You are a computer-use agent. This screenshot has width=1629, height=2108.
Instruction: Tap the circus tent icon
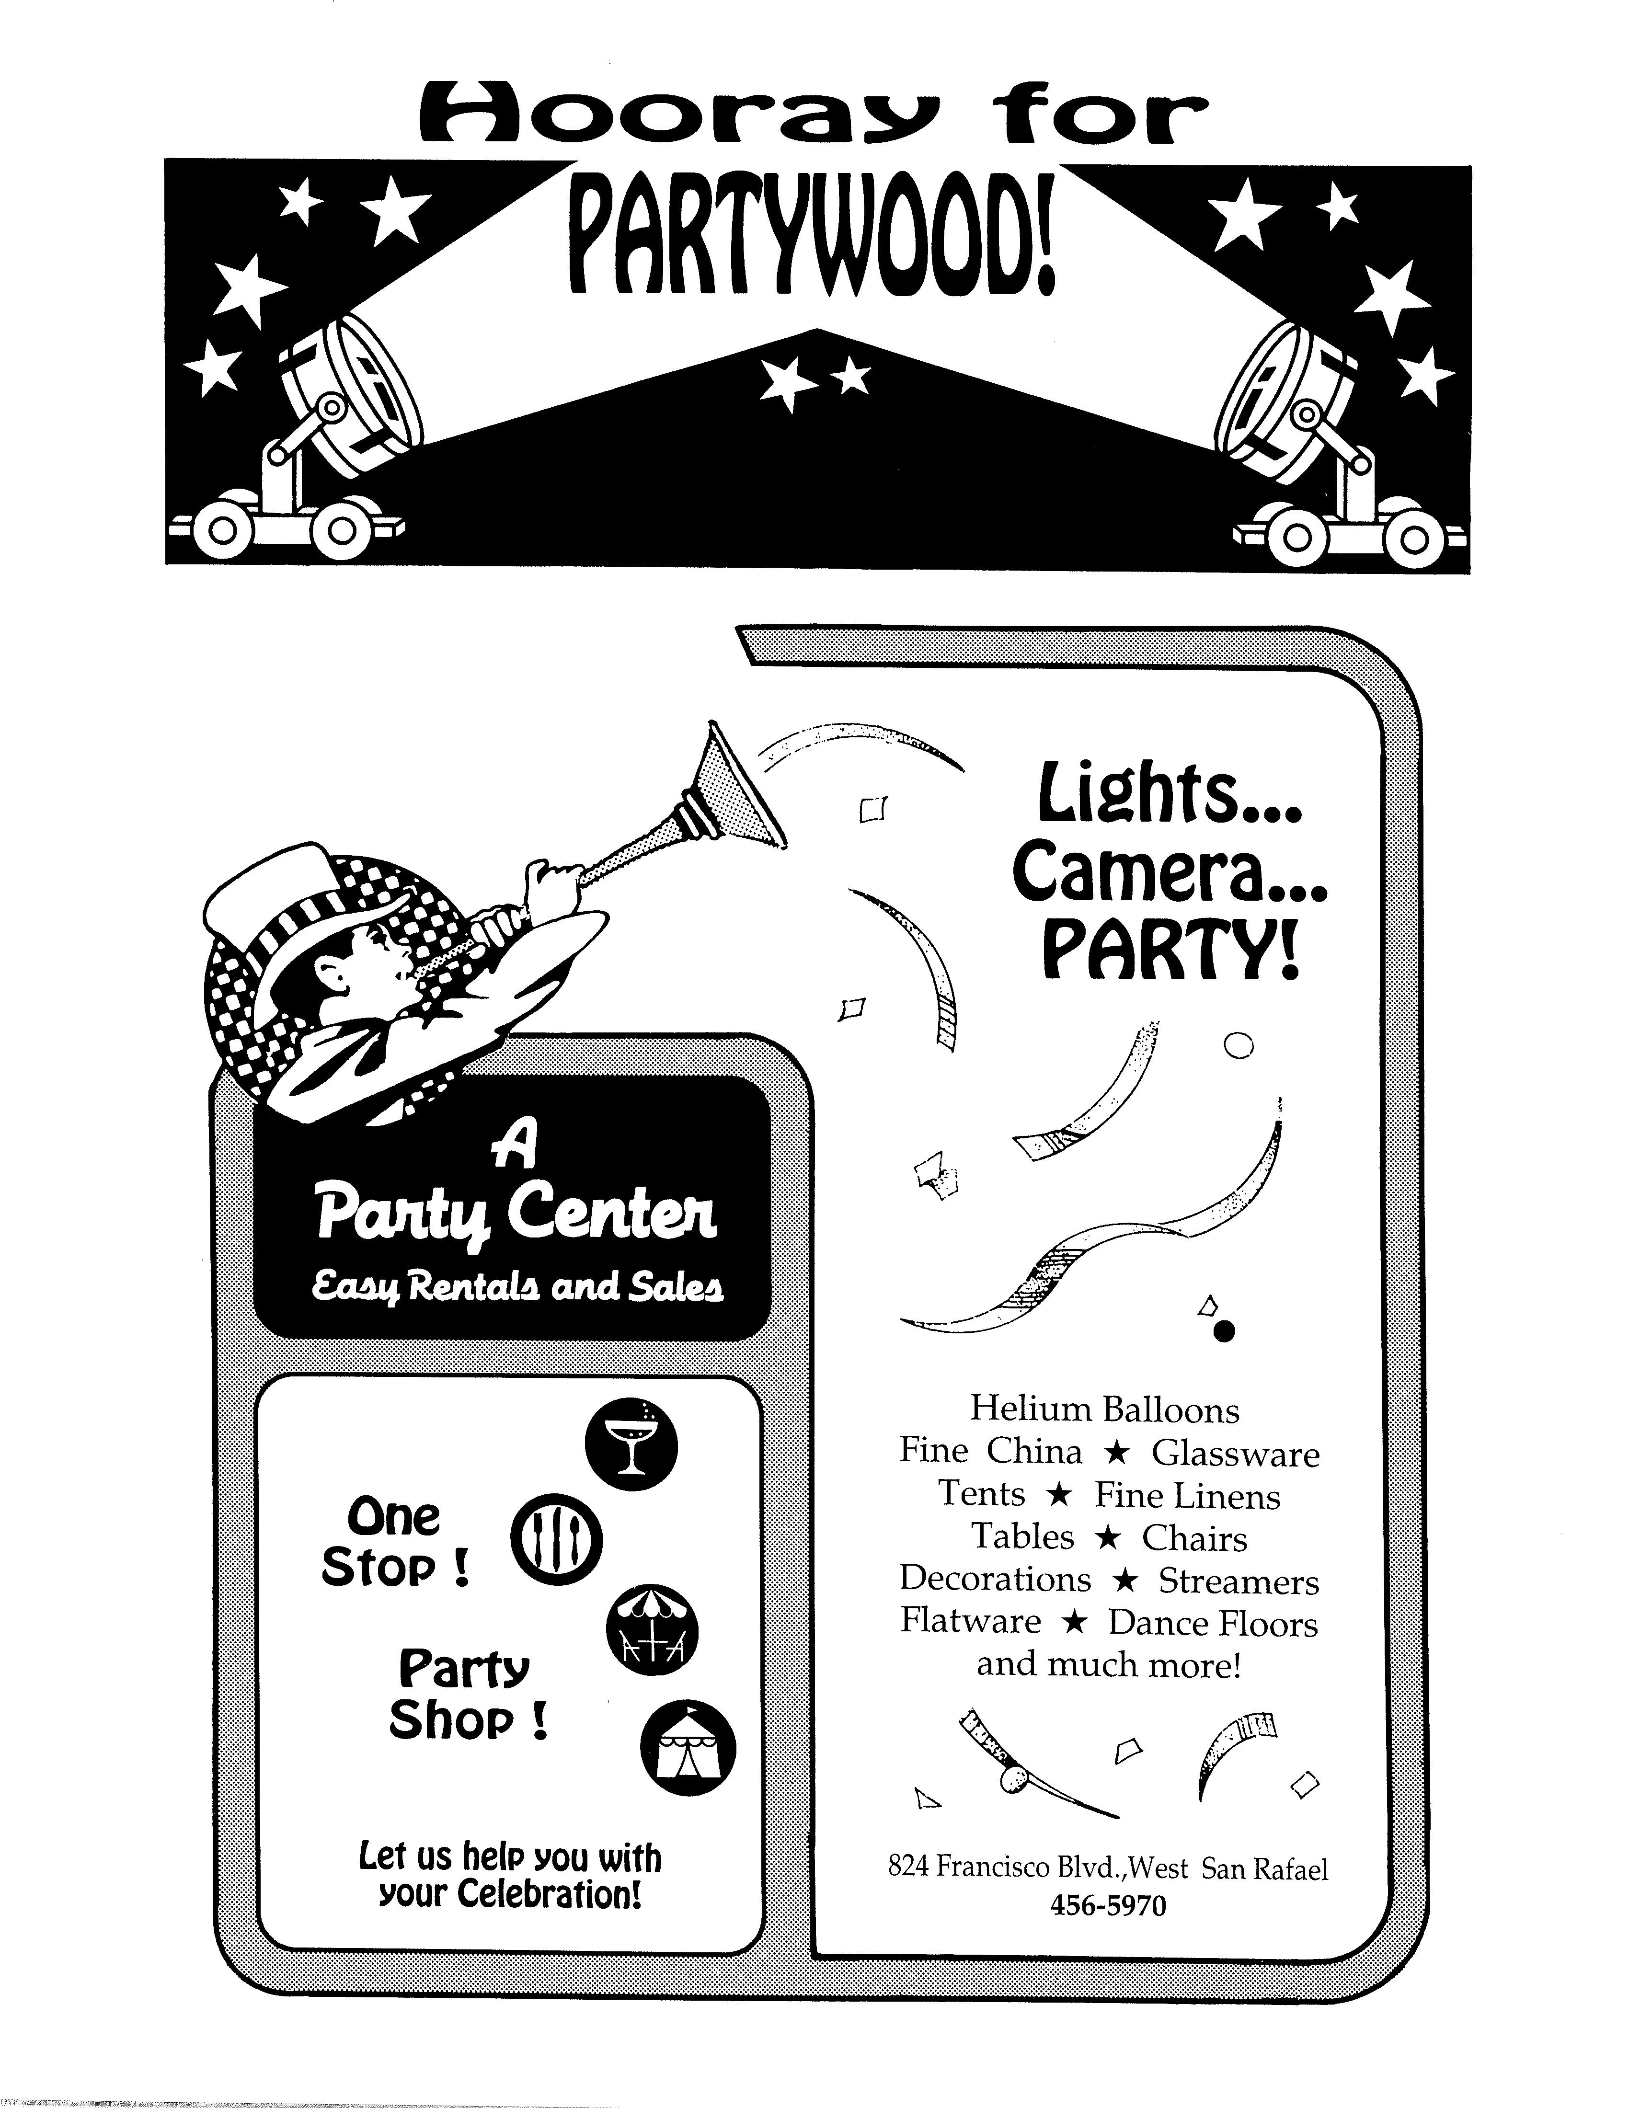tap(688, 1747)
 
